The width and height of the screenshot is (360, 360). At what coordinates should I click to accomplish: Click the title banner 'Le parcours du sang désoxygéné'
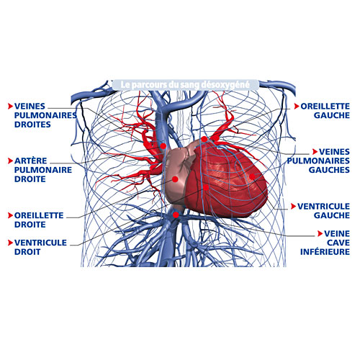185,85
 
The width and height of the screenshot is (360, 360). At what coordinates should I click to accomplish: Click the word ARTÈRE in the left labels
31,161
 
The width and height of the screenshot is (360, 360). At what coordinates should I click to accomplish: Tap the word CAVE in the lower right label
338,243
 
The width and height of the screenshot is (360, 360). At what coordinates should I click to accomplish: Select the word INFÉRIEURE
325,252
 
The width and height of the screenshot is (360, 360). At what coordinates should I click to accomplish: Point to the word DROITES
32,125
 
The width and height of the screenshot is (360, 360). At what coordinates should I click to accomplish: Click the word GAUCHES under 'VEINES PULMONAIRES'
329,170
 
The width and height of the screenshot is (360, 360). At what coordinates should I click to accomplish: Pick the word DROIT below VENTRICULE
27,252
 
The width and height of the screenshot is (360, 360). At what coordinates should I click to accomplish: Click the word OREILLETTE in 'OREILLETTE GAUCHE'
325,106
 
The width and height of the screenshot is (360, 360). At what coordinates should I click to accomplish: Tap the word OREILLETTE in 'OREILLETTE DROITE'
39,215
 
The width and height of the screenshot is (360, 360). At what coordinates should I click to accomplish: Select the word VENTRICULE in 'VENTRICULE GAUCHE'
323,206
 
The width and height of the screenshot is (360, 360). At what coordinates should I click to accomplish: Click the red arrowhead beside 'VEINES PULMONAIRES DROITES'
10,106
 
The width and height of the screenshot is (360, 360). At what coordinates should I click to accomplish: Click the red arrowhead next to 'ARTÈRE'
10,161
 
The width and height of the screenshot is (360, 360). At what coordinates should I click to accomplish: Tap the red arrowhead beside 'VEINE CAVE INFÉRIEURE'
320,233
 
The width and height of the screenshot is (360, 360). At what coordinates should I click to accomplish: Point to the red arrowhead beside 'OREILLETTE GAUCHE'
297,106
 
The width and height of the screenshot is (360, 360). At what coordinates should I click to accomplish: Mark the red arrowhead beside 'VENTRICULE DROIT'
10,243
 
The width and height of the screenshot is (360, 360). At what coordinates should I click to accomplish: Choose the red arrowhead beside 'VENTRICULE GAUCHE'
293,206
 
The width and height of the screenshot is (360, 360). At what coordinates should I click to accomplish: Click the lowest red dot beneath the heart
176,215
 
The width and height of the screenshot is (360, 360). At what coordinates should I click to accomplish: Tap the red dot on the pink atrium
175,179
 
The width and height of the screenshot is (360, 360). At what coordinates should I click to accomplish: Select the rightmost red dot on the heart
252,176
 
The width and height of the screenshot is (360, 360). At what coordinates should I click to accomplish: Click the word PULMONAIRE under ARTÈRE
43,170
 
